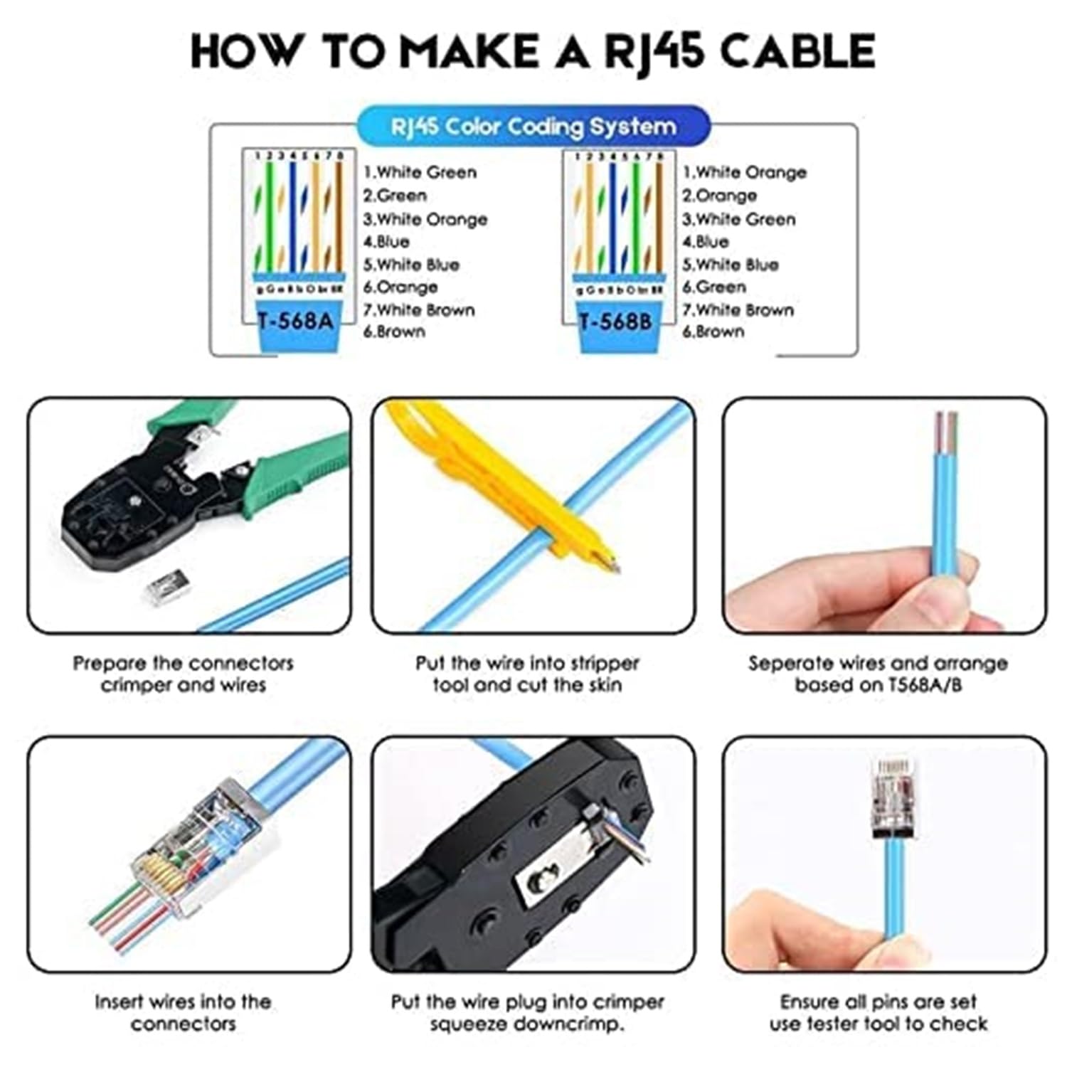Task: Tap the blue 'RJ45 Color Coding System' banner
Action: coord(533,127)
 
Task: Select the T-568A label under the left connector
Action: coord(296,321)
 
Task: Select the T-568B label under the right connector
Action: coord(616,322)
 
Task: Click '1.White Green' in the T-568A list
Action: coord(420,172)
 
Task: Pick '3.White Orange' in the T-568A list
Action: coord(425,219)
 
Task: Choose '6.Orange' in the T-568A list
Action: coord(400,287)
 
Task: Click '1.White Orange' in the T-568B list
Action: coord(744,172)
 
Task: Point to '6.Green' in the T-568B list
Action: coord(714,287)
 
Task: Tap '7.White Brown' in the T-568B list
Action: coord(738,310)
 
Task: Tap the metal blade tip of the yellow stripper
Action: coord(608,566)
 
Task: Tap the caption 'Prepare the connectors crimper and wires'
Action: coord(183,674)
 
